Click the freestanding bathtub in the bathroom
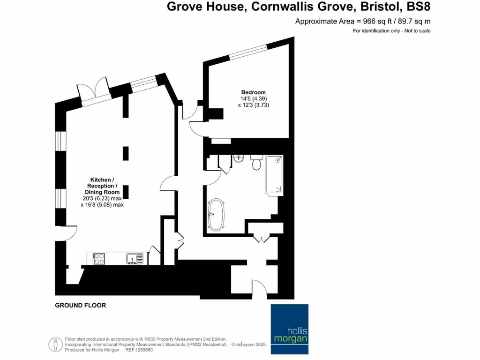216,215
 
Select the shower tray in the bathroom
275,175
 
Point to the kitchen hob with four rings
99,259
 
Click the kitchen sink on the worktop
134,258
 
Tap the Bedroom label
253,92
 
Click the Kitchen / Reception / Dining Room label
102,186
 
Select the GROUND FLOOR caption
81,305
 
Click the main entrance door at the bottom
259,287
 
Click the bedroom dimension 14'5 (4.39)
253,99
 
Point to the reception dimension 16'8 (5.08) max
102,204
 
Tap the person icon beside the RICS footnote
56,344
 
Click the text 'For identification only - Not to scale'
391,31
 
